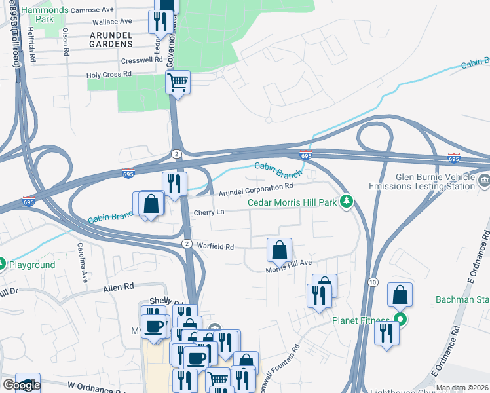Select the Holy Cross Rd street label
pos(109,75)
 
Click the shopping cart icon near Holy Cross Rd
pos(178,83)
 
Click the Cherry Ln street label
pos(209,213)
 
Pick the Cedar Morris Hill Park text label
pos(292,202)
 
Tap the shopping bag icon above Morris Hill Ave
pos(279,250)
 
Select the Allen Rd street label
pos(118,287)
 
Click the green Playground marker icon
pos(3,265)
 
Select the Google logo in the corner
pos(22,385)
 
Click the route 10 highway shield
pos(373,282)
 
